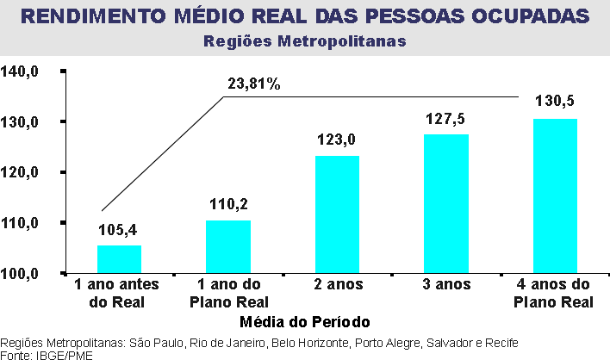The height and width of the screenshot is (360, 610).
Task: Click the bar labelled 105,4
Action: coord(119,259)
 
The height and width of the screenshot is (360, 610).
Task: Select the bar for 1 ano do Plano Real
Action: coord(228,247)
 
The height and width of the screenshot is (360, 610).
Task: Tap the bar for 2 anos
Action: coord(337,214)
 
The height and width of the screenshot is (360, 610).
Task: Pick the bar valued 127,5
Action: coord(446,203)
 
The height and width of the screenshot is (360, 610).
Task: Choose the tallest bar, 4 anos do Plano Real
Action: coord(555,196)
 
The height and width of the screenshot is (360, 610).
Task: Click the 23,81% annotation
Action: coord(253,84)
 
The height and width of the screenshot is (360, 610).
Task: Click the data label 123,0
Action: coord(338,140)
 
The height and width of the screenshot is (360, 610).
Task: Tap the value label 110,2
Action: coord(228,204)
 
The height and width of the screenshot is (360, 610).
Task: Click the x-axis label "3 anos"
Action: coord(446,285)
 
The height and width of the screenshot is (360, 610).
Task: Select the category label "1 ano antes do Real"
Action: coord(119,293)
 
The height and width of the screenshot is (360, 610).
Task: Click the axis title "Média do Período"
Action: coord(306,322)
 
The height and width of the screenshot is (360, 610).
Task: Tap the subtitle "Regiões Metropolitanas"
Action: coord(304,40)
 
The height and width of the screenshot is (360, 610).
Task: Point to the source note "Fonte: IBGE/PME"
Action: coord(47,354)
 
